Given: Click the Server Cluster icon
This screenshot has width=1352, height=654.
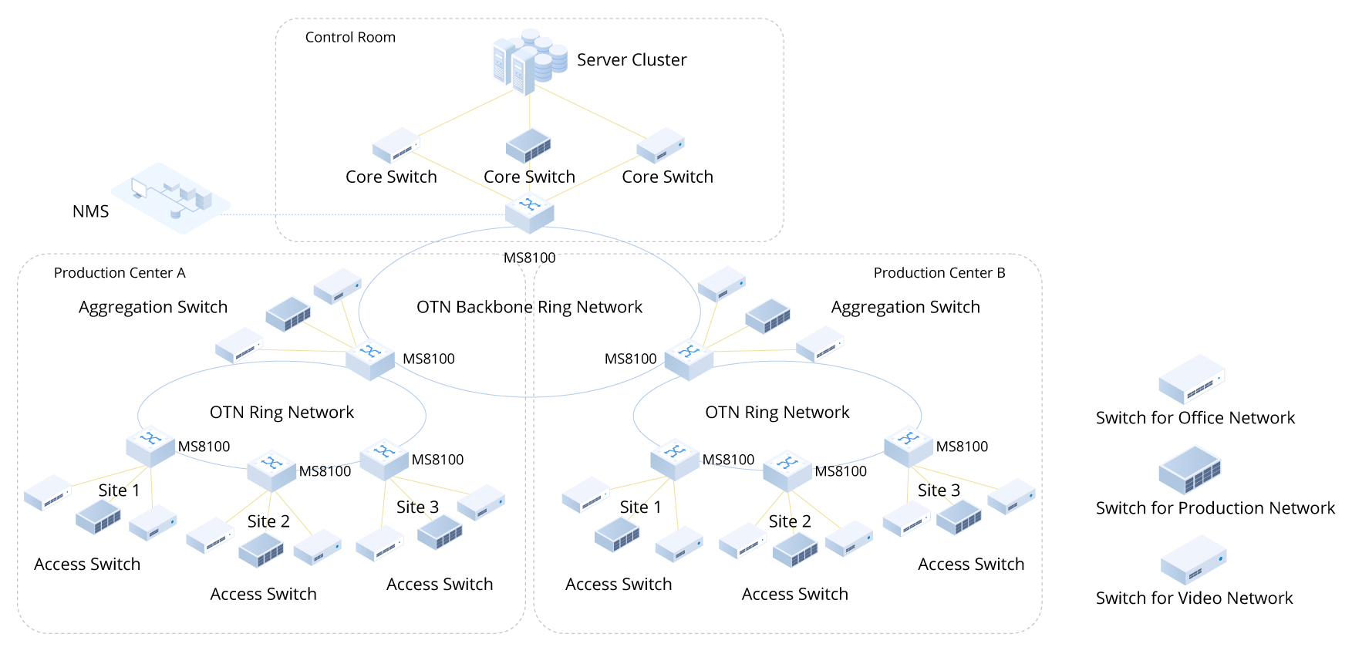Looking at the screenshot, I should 529,62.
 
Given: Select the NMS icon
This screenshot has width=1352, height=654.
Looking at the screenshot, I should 170,197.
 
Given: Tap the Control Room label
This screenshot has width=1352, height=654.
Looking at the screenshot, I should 350,37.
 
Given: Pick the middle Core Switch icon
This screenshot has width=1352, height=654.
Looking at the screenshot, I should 528,145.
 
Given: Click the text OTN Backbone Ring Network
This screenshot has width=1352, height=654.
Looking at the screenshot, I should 529,307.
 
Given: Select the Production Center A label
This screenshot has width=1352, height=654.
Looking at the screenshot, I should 120,273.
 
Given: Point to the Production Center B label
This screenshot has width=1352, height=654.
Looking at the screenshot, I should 939,273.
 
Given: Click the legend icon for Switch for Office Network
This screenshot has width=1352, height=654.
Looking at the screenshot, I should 1192,379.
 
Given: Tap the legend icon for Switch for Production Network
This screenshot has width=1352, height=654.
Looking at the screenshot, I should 1190,470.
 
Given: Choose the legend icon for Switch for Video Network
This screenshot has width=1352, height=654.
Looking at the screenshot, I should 1193,560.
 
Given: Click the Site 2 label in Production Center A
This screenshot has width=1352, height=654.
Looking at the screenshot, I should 268,521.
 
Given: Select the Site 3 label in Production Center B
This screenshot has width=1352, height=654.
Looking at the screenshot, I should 939,490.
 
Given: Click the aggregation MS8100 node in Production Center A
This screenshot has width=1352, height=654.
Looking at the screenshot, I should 370,359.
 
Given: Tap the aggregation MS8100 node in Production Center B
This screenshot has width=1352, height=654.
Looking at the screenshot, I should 689,359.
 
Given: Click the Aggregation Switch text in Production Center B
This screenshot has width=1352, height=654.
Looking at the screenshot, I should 905,307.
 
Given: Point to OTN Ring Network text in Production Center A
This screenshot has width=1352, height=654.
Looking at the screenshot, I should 282,413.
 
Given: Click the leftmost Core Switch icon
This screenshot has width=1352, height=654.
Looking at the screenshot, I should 396,145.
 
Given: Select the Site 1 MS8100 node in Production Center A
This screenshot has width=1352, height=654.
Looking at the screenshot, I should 150,446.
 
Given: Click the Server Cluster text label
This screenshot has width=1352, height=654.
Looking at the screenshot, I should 632,60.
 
